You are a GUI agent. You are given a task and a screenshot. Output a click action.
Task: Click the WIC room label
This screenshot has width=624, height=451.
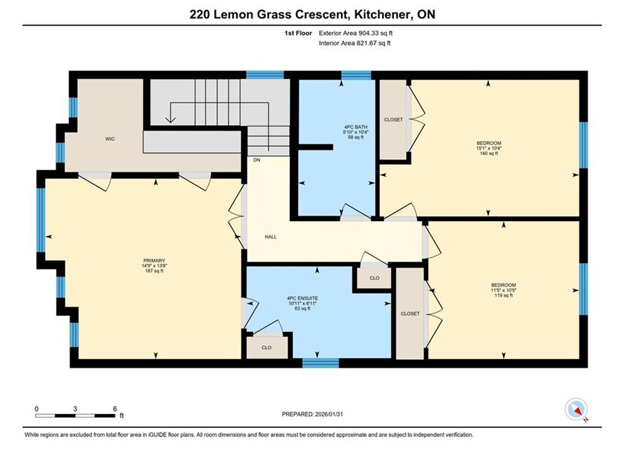pyautogui.click(x=110, y=138)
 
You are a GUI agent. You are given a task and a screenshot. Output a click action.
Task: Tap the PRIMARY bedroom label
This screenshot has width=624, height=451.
pyautogui.click(x=154, y=261)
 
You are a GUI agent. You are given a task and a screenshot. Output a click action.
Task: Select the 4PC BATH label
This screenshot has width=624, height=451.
pyautogui.click(x=356, y=127)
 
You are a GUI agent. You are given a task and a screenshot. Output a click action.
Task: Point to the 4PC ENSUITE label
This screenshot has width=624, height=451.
pyautogui.click(x=302, y=298)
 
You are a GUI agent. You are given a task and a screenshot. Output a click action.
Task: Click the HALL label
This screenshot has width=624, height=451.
pyautogui.click(x=271, y=237)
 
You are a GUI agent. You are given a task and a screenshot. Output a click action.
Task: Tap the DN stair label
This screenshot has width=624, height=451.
pyautogui.click(x=256, y=160)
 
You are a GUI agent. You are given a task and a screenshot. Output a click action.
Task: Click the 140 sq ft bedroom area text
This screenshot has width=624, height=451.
pyautogui.click(x=489, y=153)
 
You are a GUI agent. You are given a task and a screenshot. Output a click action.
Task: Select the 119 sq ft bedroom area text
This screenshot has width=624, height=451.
pyautogui.click(x=504, y=295)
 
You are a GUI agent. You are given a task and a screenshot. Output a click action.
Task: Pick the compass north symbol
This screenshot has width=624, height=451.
pyautogui.click(x=576, y=409)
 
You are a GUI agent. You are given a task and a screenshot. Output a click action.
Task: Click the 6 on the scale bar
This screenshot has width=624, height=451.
pyautogui.click(x=115, y=408)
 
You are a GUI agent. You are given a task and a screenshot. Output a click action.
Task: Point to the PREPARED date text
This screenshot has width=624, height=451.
pyautogui.click(x=312, y=414)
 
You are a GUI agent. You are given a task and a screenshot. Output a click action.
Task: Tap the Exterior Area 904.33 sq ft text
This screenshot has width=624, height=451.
pyautogui.click(x=356, y=33)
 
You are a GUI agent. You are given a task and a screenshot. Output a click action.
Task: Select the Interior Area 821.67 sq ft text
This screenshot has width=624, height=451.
pyautogui.click(x=354, y=43)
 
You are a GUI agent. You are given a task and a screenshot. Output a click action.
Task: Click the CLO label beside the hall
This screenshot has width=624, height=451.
pyautogui.click(x=374, y=278)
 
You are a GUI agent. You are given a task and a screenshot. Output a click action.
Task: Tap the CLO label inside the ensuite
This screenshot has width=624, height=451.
pyautogui.click(x=267, y=348)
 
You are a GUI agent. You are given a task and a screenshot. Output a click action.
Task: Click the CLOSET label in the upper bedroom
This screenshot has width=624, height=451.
pyautogui.click(x=393, y=120)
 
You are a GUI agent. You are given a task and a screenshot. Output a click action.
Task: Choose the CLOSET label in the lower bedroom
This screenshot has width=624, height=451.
pyautogui.click(x=410, y=314)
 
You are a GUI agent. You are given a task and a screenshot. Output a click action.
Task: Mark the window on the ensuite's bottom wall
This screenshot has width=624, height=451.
pyautogui.click(x=320, y=363)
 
